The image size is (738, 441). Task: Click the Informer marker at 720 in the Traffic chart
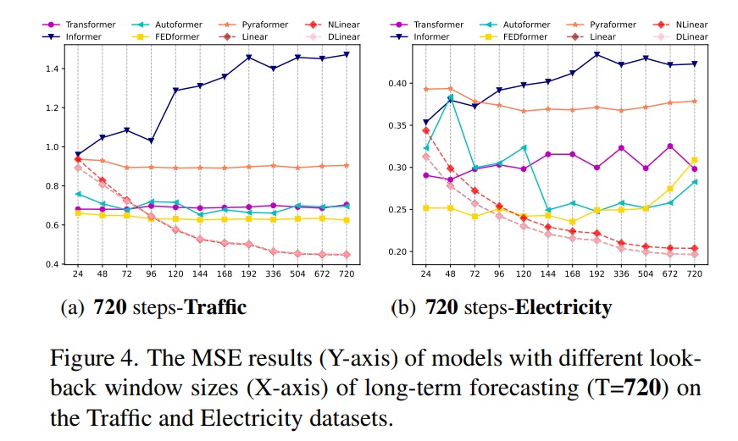click(346, 54)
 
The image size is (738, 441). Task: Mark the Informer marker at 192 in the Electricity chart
click(597, 54)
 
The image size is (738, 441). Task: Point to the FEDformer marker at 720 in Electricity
click(694, 160)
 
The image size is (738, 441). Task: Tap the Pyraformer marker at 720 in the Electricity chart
click(694, 101)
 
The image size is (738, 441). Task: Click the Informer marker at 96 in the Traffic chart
click(151, 141)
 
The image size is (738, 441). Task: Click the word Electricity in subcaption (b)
click(563, 306)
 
